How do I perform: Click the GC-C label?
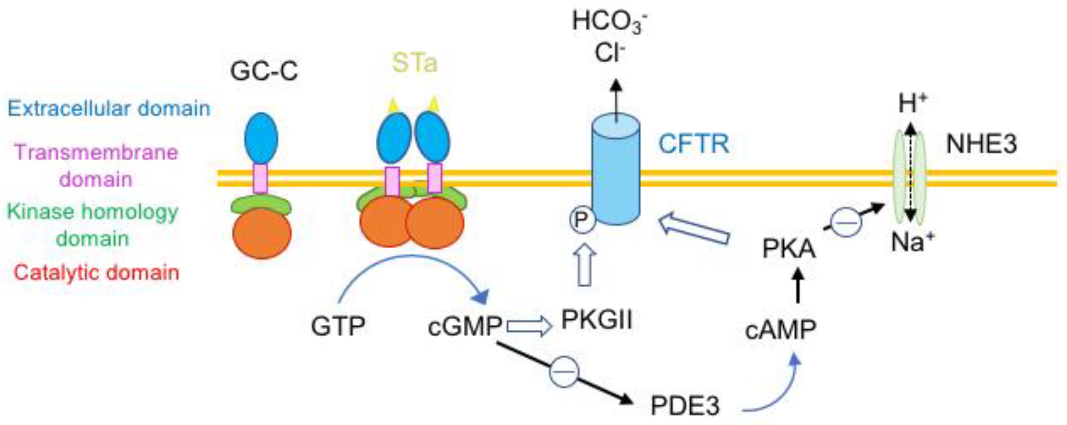pos(264,71)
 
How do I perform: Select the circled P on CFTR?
pos(582,220)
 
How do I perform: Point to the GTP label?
pos(338,326)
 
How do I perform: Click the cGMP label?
pos(465,326)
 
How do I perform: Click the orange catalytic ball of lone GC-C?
pos(262,234)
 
